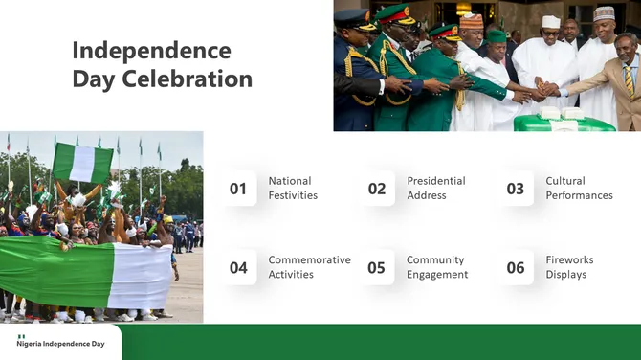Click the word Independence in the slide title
click(x=151, y=50)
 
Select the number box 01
click(x=238, y=189)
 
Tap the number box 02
click(x=377, y=189)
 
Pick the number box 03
click(x=516, y=189)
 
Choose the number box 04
click(x=238, y=267)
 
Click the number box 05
click(x=377, y=267)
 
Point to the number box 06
click(x=516, y=267)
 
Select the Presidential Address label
click(x=435, y=188)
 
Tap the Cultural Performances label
click(x=579, y=188)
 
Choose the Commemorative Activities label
click(x=309, y=267)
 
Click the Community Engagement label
click(x=437, y=267)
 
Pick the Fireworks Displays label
click(x=569, y=267)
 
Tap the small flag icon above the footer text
click(x=21, y=336)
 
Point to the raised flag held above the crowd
click(x=82, y=163)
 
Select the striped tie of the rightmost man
click(x=629, y=80)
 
